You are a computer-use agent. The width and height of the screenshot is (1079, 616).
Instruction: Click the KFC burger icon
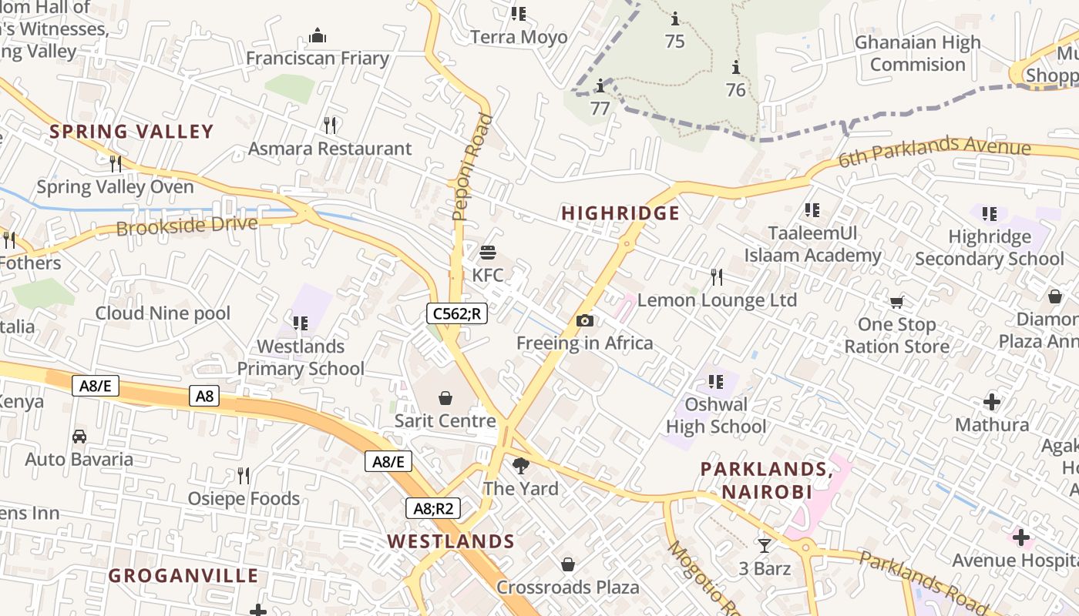[487, 253]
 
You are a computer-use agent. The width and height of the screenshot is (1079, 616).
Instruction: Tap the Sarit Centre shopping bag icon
[445, 398]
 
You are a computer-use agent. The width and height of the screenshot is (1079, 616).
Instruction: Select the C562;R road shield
[458, 313]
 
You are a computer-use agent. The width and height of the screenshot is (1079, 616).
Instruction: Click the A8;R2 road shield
[433, 508]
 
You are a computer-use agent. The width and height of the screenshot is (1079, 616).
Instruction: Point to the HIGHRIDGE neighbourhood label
[620, 213]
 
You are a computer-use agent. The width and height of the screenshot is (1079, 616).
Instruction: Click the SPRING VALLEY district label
[131, 132]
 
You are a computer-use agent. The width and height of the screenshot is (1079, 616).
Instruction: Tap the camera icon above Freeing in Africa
[585, 321]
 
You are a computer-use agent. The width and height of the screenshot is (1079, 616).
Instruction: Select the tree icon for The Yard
[521, 465]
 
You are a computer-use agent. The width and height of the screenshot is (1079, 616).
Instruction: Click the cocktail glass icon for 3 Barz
[764, 546]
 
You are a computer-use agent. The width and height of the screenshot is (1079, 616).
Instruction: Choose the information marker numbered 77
[600, 85]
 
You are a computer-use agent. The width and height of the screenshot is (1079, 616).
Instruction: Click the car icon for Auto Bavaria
[79, 437]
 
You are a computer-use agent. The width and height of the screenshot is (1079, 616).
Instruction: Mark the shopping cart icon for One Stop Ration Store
[896, 302]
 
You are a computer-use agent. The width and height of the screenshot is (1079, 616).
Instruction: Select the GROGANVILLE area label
[183, 576]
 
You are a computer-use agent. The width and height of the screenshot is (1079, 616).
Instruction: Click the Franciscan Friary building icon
[317, 35]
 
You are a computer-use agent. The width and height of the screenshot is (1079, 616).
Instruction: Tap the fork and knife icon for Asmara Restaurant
[330, 125]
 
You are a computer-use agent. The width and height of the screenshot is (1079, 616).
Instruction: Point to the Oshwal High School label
[716, 415]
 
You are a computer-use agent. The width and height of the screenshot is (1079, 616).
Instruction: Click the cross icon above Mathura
[992, 402]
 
